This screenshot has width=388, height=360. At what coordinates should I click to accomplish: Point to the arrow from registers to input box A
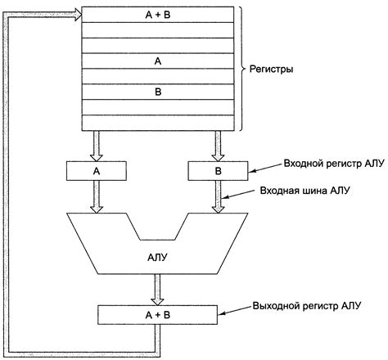point(96,145)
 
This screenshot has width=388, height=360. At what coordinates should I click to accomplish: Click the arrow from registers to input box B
point(219,145)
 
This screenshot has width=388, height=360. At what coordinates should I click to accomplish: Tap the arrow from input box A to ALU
point(96,197)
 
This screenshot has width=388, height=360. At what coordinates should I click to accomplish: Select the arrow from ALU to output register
point(157,289)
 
